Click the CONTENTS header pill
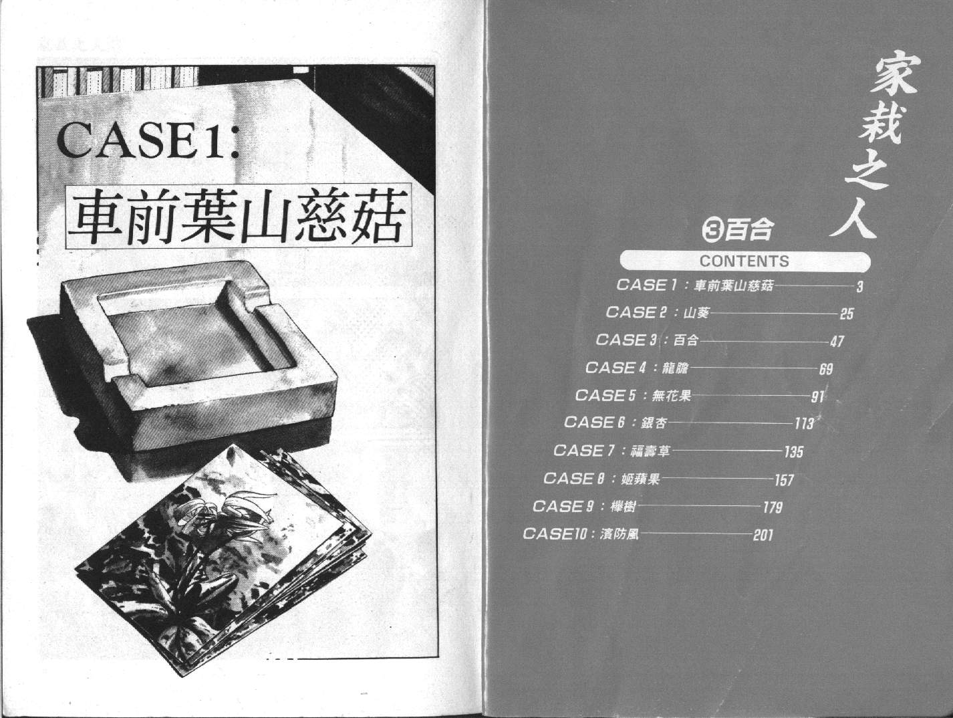pos(745,261)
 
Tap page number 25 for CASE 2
pos(847,314)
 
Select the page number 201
pos(763,535)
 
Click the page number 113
pos(804,423)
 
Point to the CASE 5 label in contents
pos(605,395)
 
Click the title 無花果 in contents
pos(671,396)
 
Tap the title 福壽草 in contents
pos(650,451)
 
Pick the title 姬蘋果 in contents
pos(640,479)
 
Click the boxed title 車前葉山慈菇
pos(238,217)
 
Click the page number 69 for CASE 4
pos(826,369)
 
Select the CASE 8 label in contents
pos(574,478)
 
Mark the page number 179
pos(773,507)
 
